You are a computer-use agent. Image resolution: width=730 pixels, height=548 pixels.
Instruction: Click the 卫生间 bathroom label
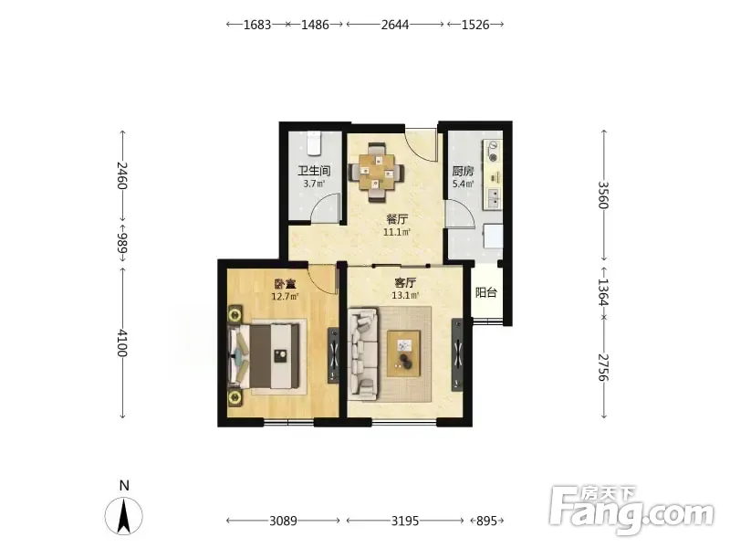(x=314, y=171)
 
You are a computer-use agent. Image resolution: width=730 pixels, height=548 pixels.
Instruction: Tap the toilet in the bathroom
(x=314, y=143)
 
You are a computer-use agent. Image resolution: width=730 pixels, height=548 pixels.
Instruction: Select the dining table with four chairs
(x=377, y=173)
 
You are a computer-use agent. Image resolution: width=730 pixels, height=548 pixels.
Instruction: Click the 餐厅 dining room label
(x=397, y=218)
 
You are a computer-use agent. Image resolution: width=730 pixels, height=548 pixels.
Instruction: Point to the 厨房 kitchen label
(x=464, y=171)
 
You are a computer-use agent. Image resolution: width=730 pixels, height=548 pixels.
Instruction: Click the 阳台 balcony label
(x=486, y=292)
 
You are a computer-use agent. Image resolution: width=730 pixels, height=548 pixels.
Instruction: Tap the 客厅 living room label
(x=405, y=282)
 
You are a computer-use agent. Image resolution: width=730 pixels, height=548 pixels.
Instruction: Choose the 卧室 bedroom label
(x=285, y=283)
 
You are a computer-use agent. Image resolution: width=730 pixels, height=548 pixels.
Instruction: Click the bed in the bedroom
(x=264, y=355)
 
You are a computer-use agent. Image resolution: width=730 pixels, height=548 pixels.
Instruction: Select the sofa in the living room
(x=363, y=353)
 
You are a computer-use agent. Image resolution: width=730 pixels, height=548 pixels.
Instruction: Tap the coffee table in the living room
(x=404, y=353)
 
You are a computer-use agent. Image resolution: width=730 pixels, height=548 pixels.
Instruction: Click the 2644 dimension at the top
(x=395, y=25)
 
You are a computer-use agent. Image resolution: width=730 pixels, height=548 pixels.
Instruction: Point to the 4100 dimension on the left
(x=122, y=343)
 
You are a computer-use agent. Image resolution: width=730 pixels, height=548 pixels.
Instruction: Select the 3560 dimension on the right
(x=603, y=195)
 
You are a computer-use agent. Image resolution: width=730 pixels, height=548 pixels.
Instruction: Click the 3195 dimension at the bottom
(x=404, y=520)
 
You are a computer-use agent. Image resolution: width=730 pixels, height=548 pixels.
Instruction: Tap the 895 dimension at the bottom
(x=487, y=520)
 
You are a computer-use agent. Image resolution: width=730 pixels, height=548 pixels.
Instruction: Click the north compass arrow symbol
(x=123, y=516)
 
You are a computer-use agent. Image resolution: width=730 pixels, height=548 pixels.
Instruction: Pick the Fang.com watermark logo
(x=631, y=511)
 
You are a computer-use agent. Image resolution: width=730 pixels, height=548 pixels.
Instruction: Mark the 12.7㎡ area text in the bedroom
(x=285, y=296)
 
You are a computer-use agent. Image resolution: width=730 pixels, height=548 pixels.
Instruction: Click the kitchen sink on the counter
(x=493, y=197)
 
